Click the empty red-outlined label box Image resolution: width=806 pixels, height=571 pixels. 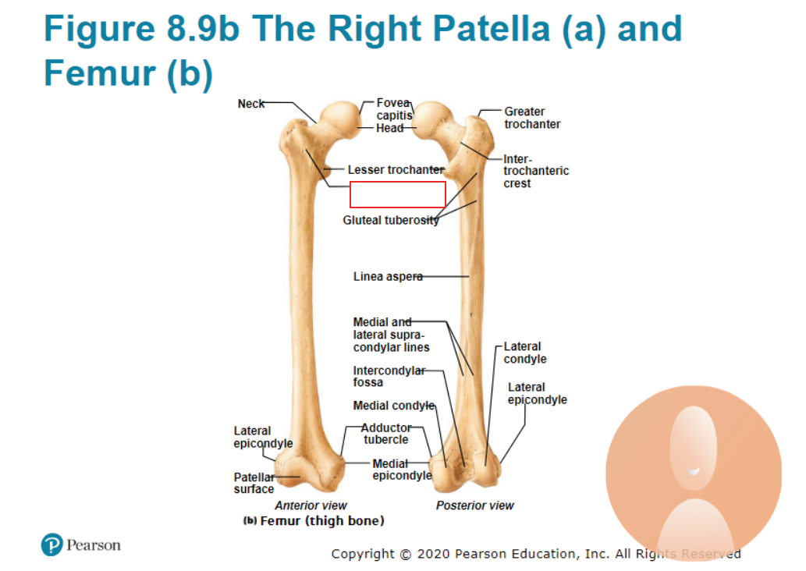(397, 194)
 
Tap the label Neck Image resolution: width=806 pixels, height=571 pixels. (250, 104)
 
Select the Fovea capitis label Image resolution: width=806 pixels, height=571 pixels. (394, 109)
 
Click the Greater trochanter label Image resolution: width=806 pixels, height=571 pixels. (532, 118)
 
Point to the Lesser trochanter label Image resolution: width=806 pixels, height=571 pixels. (396, 169)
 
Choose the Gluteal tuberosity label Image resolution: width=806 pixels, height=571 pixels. (391, 220)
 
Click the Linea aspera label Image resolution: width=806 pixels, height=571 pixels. (388, 276)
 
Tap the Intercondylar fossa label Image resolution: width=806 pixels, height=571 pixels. (389, 376)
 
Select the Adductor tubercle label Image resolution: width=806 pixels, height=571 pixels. (386, 433)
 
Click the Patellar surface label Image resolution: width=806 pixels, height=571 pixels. (254, 483)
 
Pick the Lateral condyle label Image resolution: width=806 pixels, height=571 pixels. (525, 353)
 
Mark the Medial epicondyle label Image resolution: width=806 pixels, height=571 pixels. (402, 470)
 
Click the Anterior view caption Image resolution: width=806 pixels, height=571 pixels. (311, 505)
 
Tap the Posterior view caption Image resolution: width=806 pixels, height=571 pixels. (474, 505)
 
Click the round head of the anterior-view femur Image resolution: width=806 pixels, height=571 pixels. (340, 119)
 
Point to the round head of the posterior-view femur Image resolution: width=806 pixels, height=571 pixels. (433, 120)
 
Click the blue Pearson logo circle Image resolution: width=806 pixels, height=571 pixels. (52, 544)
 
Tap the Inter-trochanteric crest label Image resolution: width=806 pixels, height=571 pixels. (536, 171)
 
